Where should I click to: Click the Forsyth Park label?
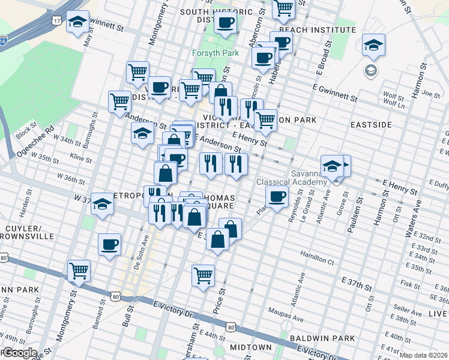[x=215, y=53]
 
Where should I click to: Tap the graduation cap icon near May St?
[x=77, y=22]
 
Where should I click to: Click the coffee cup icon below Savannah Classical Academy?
[x=277, y=196]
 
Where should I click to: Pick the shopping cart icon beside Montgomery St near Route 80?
[x=79, y=271]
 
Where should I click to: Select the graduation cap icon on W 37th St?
[x=102, y=205]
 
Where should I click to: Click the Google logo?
[x=19, y=353]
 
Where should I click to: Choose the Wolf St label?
[x=394, y=96]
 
